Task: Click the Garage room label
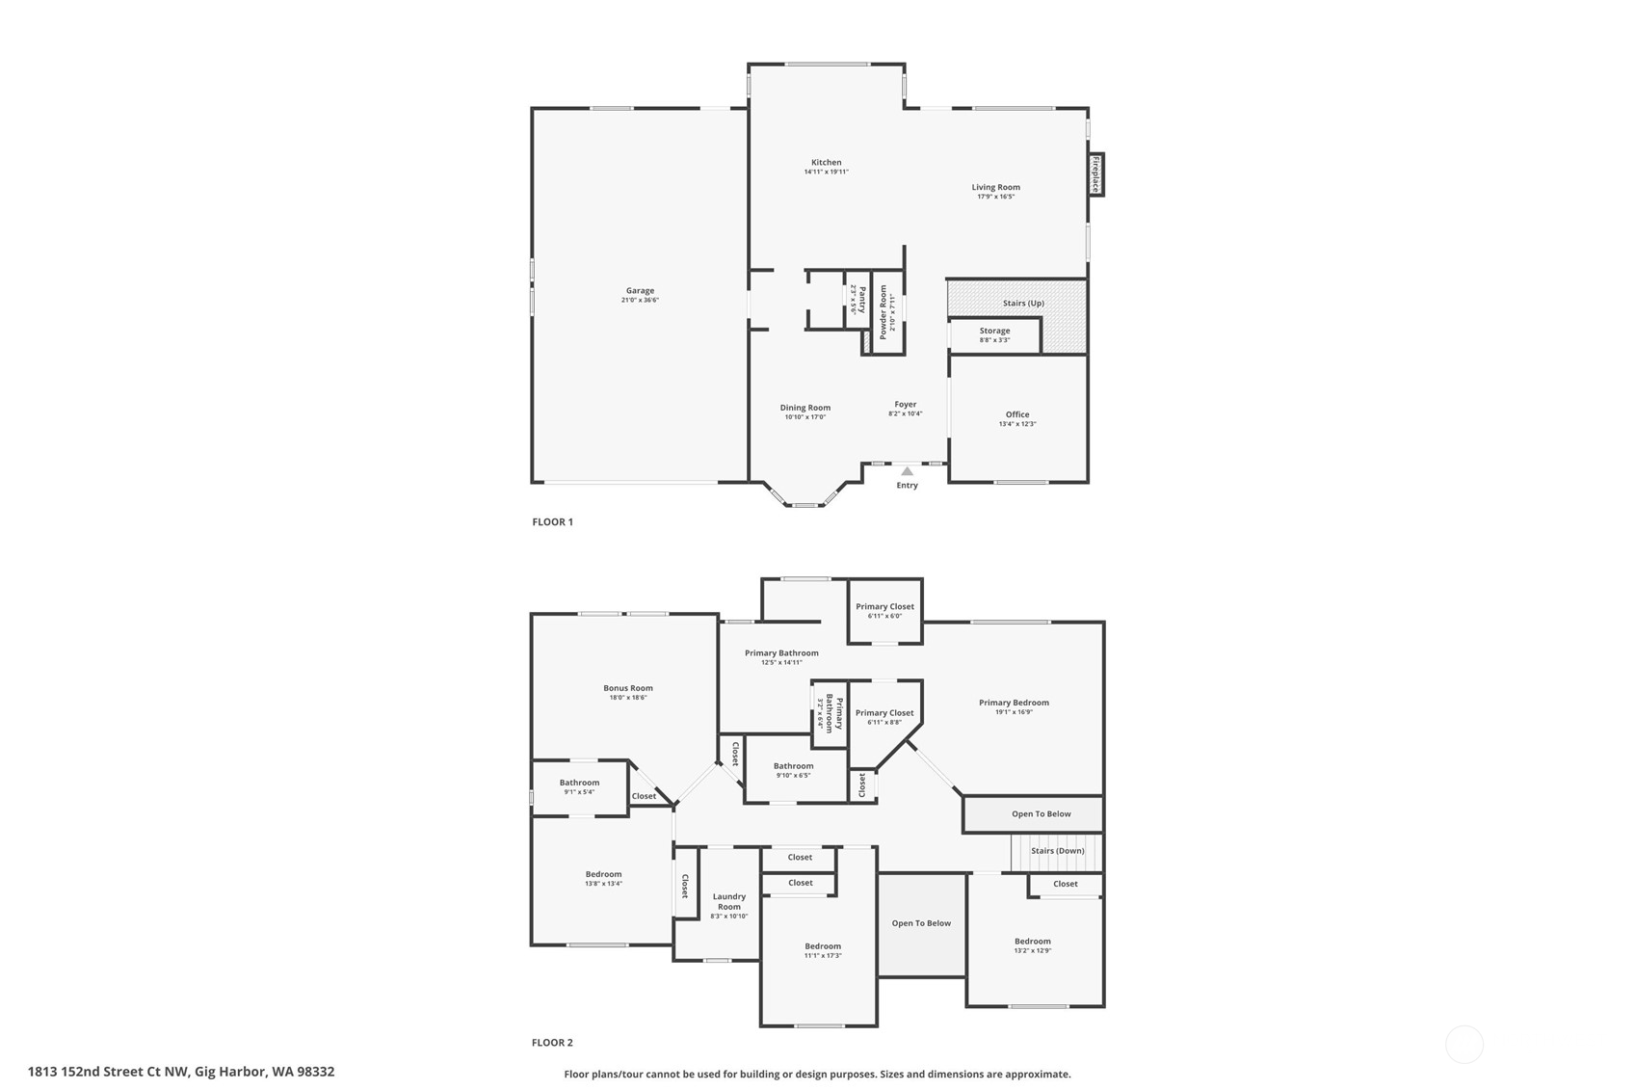pyautogui.click(x=640, y=291)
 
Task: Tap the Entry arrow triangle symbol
pyautogui.click(x=907, y=471)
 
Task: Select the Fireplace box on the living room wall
pyautogui.click(x=1095, y=174)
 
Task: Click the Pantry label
pyautogui.click(x=859, y=300)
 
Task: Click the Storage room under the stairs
pyautogui.click(x=994, y=334)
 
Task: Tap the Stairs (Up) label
pyautogui.click(x=1023, y=304)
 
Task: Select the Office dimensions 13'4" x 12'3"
pyautogui.click(x=1017, y=424)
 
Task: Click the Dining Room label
pyautogui.click(x=804, y=408)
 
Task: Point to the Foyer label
pyautogui.click(x=905, y=405)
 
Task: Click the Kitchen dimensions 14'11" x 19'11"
pyautogui.click(x=826, y=173)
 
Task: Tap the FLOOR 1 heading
pyautogui.click(x=552, y=522)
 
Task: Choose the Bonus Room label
pyautogui.click(x=628, y=688)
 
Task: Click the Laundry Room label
pyautogui.click(x=729, y=901)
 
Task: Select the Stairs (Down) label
pyautogui.click(x=1057, y=851)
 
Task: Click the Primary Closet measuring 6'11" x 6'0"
pyautogui.click(x=884, y=610)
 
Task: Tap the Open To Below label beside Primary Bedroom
pyautogui.click(x=1041, y=814)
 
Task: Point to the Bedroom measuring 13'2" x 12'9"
pyautogui.click(x=1032, y=945)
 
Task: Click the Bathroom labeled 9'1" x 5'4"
pyautogui.click(x=579, y=786)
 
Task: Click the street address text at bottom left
pyautogui.click(x=181, y=1072)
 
